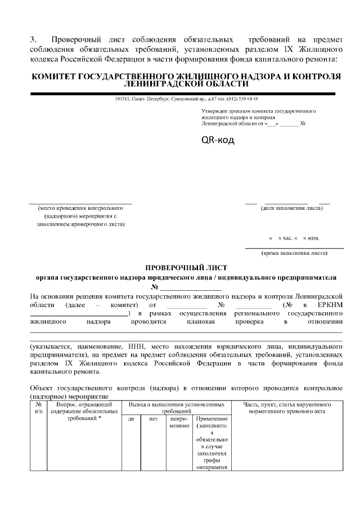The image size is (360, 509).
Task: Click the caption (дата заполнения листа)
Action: (x=291, y=208)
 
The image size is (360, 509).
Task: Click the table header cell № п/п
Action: (x=38, y=408)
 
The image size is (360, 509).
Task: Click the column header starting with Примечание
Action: (x=210, y=420)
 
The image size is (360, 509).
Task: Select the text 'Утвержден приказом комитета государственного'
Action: (x=258, y=111)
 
